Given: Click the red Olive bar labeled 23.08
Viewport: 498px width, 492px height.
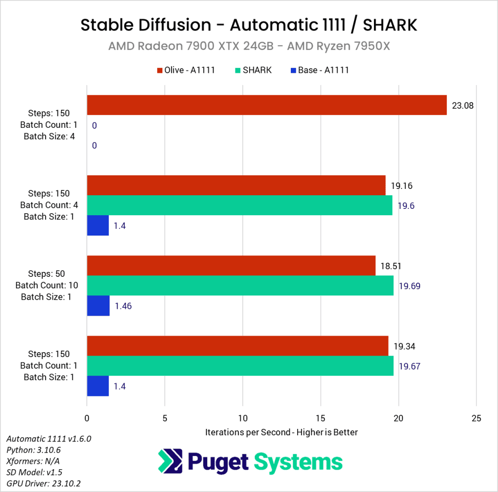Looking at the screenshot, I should click(x=267, y=105).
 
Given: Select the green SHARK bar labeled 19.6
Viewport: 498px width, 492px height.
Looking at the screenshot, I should click(x=239, y=205).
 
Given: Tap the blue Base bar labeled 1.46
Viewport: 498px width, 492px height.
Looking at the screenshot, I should click(x=98, y=306).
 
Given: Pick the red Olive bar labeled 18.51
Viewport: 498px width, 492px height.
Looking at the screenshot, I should click(x=231, y=266).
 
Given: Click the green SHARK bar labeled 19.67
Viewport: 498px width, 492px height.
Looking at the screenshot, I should click(x=240, y=366).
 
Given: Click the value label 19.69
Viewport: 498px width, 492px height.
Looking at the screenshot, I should click(x=409, y=286).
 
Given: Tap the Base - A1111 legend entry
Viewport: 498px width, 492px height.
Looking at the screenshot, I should click(x=319, y=70).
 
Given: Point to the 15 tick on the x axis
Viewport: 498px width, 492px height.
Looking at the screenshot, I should click(x=320, y=418).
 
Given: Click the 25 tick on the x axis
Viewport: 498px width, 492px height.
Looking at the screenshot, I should click(x=477, y=418).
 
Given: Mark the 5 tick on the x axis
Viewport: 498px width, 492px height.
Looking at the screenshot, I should click(x=165, y=418).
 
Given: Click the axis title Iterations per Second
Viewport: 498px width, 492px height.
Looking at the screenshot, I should click(x=282, y=432).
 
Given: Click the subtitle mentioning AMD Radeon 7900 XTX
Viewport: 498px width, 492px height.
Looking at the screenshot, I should click(x=249, y=47).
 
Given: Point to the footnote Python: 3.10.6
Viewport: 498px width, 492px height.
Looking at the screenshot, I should click(x=34, y=450).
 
